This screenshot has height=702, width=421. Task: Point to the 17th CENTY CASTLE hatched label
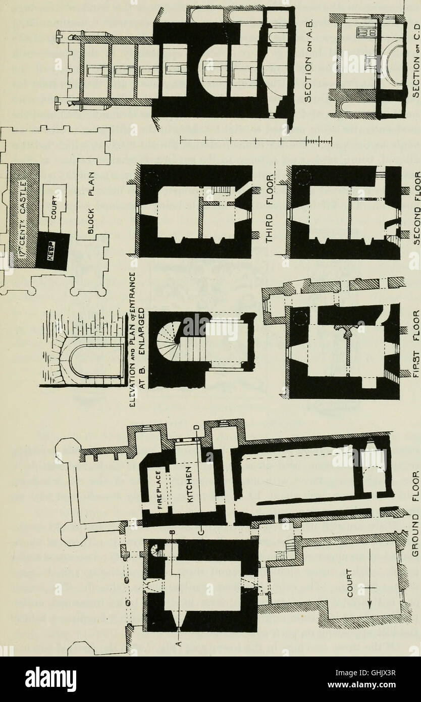pyautogui.click(x=24, y=202)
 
